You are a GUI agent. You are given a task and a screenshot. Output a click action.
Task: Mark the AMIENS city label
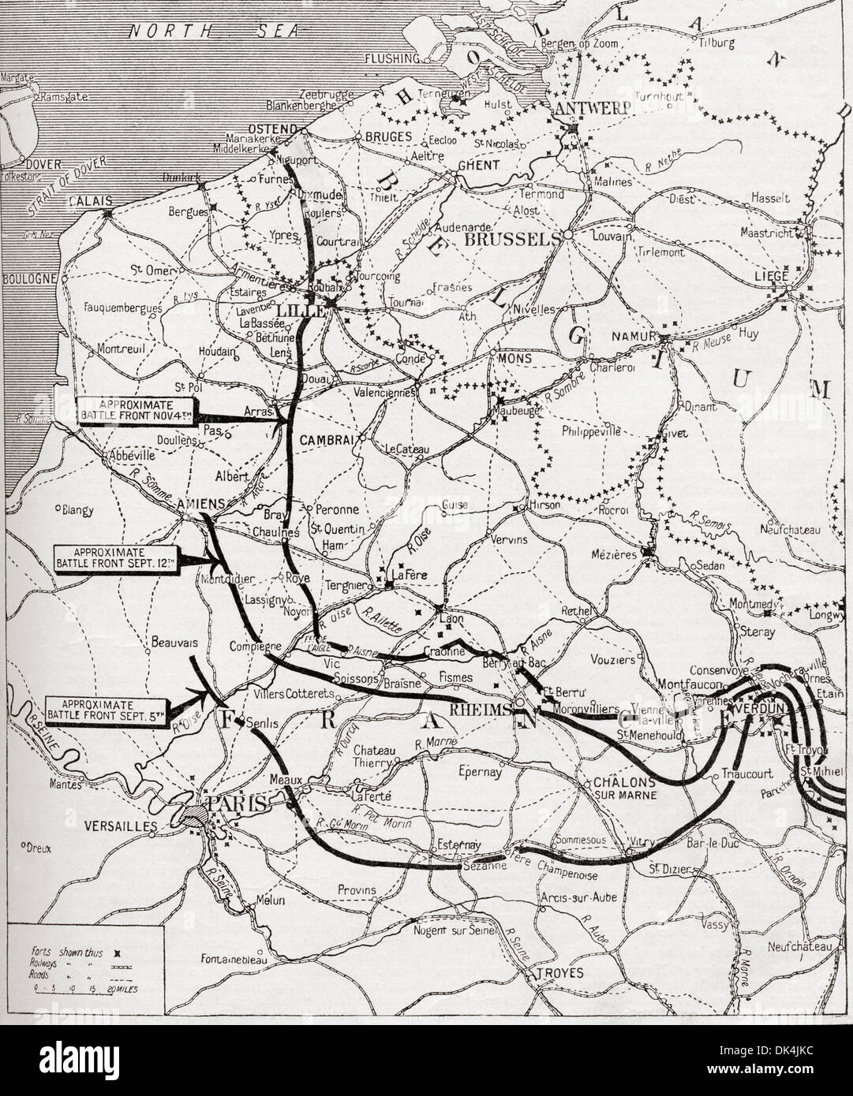[x=204, y=501]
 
